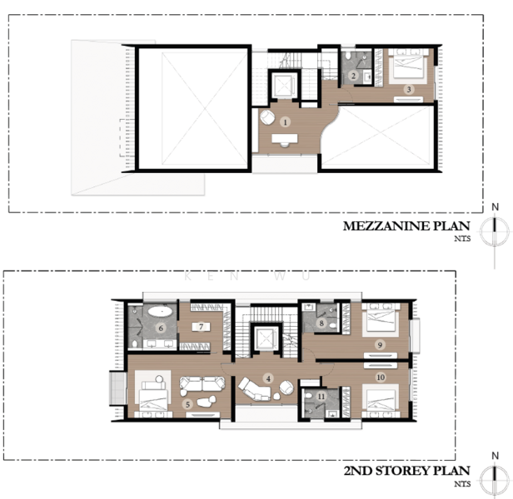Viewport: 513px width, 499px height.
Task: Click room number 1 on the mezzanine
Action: click(286, 122)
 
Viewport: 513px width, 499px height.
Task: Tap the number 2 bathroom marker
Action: click(353, 76)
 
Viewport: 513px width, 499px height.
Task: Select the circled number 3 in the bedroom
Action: click(409, 89)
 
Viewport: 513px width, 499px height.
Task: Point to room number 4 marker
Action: click(268, 378)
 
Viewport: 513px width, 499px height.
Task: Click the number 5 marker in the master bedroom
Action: click(188, 404)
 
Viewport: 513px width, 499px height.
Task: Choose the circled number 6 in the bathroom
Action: click(161, 328)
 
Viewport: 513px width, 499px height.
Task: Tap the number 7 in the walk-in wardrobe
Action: click(202, 327)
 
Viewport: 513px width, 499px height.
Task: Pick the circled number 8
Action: click(321, 324)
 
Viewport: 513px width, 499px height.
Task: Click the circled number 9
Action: click(380, 344)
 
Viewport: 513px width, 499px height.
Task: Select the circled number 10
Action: click(381, 378)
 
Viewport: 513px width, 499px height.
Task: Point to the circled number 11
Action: click(321, 397)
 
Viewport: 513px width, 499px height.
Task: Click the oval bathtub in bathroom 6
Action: click(160, 310)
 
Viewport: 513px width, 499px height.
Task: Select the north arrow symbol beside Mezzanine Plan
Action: click(495, 231)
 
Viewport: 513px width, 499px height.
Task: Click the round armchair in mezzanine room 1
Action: click(267, 117)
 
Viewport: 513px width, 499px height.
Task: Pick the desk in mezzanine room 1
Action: click(285, 138)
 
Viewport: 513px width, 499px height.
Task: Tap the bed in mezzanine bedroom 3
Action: click(408, 66)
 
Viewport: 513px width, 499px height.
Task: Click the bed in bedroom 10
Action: click(381, 401)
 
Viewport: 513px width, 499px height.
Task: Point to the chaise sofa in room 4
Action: click(255, 389)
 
